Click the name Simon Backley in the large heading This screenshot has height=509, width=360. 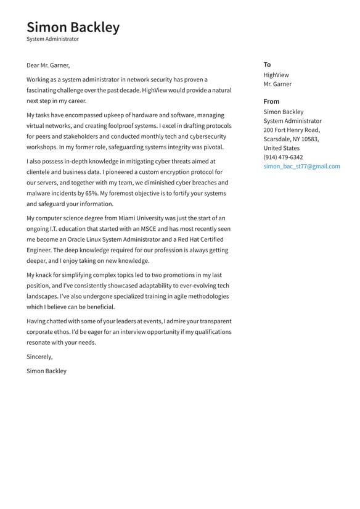coord(73,27)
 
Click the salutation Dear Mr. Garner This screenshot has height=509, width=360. coord(48,65)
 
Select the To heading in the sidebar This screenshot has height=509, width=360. coord(267,65)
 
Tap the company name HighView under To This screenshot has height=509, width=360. coord(276,75)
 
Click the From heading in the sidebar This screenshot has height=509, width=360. coord(271,101)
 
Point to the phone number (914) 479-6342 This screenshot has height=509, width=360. coord(283,157)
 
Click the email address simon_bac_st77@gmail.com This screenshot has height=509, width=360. coord(301,167)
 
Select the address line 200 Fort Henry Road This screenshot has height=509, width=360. coord(292,130)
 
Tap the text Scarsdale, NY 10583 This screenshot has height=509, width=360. coord(291,139)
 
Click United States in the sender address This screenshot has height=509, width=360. coord(281,148)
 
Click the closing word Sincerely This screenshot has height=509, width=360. coord(39,357)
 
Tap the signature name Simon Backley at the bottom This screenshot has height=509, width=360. coord(46,371)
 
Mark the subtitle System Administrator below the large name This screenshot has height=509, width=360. coord(52,39)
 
